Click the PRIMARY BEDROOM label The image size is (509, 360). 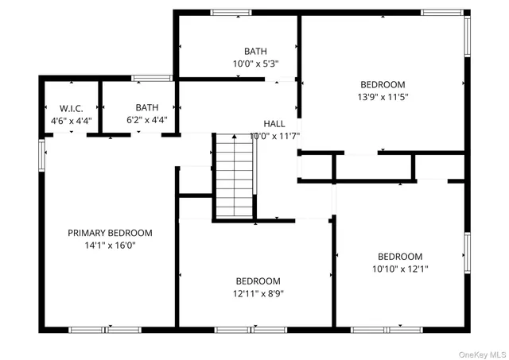click(x=109, y=233)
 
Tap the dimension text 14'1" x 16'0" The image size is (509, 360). click(x=109, y=246)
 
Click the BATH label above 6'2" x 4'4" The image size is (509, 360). click(x=146, y=108)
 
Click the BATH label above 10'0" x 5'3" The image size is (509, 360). click(x=255, y=52)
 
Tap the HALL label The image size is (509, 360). click(x=274, y=124)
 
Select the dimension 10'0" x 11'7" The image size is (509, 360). click(x=274, y=137)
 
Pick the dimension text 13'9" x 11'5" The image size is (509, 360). click(x=383, y=97)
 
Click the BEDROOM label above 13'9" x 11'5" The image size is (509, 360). click(x=383, y=85)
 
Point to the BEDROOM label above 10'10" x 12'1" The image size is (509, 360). click(x=399, y=257)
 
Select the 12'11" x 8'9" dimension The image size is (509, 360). click(x=258, y=293)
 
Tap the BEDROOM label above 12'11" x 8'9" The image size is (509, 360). click(x=258, y=281)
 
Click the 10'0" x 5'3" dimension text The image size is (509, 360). click(x=255, y=64)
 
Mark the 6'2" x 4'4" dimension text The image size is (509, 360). click(x=146, y=121)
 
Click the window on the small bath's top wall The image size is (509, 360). click(x=152, y=78)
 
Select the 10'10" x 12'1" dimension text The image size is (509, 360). click(x=399, y=269)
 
